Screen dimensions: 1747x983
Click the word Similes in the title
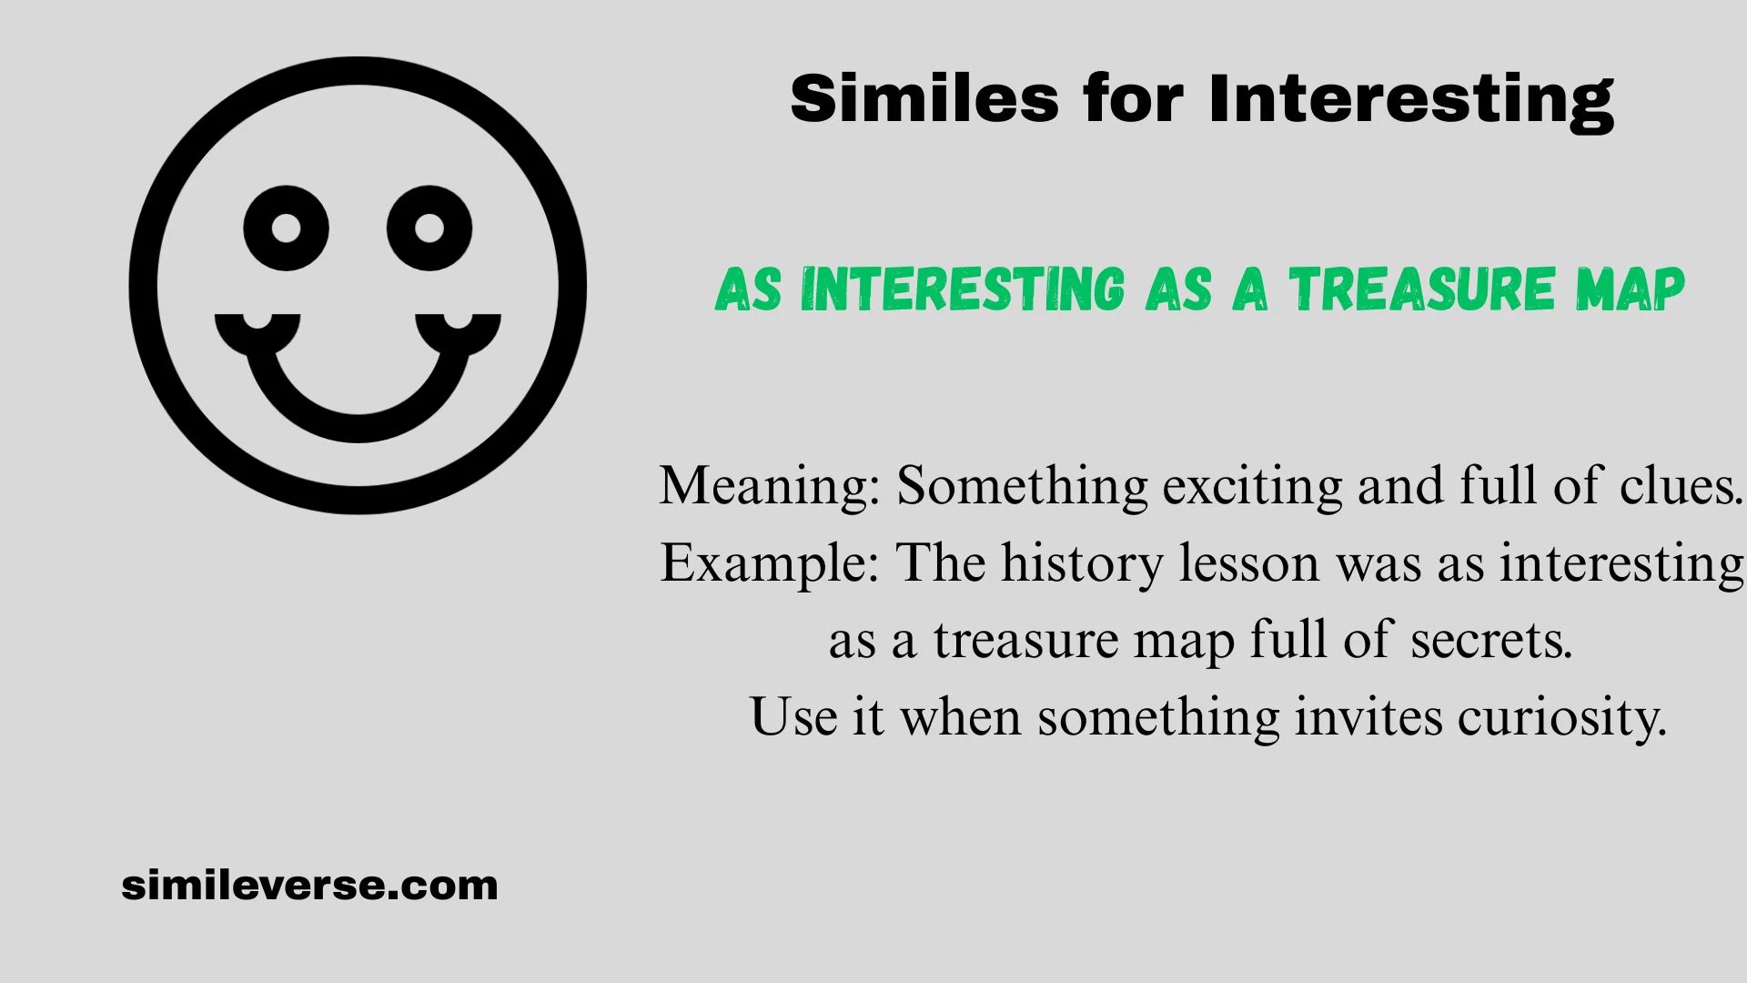925,98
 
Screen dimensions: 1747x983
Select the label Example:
770,563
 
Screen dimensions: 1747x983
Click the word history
1082,563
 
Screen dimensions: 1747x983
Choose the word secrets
1491,641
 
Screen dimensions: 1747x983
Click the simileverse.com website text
309,886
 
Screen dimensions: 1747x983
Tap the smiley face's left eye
286,228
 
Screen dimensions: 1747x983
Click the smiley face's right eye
429,228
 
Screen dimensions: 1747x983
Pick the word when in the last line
961,717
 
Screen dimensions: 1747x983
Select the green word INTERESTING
963,289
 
